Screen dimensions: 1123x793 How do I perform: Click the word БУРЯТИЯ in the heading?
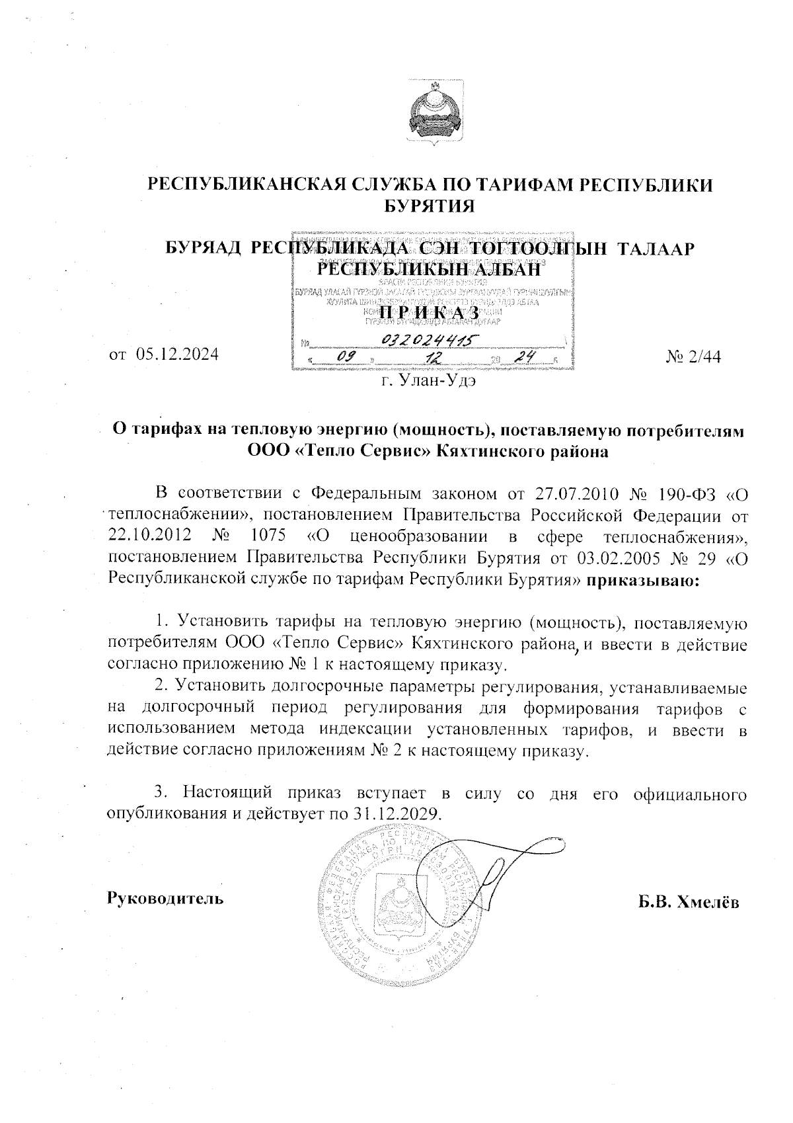tap(430, 206)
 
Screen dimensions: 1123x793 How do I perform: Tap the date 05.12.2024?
tap(177, 354)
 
